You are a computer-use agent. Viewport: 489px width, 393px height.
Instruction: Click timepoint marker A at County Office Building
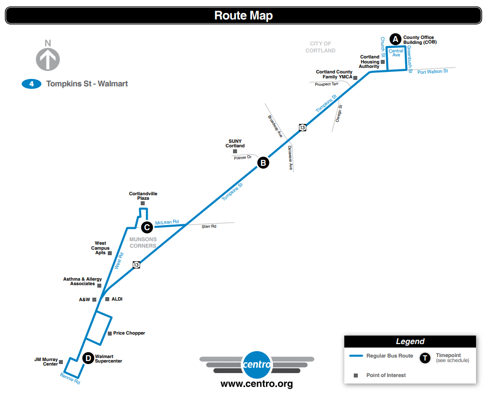click(395, 39)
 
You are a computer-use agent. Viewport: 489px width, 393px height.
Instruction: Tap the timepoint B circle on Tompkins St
click(263, 162)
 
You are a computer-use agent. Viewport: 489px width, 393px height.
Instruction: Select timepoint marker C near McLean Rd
click(147, 227)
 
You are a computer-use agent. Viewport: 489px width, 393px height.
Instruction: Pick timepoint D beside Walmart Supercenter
click(88, 358)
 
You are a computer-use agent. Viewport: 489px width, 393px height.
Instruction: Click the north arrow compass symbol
click(48, 58)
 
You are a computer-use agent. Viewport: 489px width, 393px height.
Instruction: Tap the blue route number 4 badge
click(31, 84)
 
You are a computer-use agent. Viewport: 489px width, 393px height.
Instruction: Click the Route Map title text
click(244, 15)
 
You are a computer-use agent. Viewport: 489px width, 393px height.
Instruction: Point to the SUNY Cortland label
click(235, 144)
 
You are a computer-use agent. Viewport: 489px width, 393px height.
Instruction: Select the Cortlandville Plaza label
click(143, 196)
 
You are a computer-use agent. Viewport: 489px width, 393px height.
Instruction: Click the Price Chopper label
click(129, 333)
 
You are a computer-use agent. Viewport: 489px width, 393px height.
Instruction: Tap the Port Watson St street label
click(433, 71)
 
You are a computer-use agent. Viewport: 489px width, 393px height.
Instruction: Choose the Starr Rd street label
click(209, 227)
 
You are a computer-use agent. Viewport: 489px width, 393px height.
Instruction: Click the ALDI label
click(117, 299)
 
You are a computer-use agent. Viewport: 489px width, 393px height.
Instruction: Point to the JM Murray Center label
click(46, 362)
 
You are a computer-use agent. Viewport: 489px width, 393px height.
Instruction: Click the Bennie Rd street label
click(70, 379)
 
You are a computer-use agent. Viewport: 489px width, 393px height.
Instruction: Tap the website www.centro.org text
click(256, 384)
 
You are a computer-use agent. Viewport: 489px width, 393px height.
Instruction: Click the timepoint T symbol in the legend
click(425, 358)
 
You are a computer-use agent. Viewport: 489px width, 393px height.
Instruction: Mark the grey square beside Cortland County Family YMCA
click(355, 78)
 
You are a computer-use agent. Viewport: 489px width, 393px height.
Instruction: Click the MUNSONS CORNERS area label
click(143, 243)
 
